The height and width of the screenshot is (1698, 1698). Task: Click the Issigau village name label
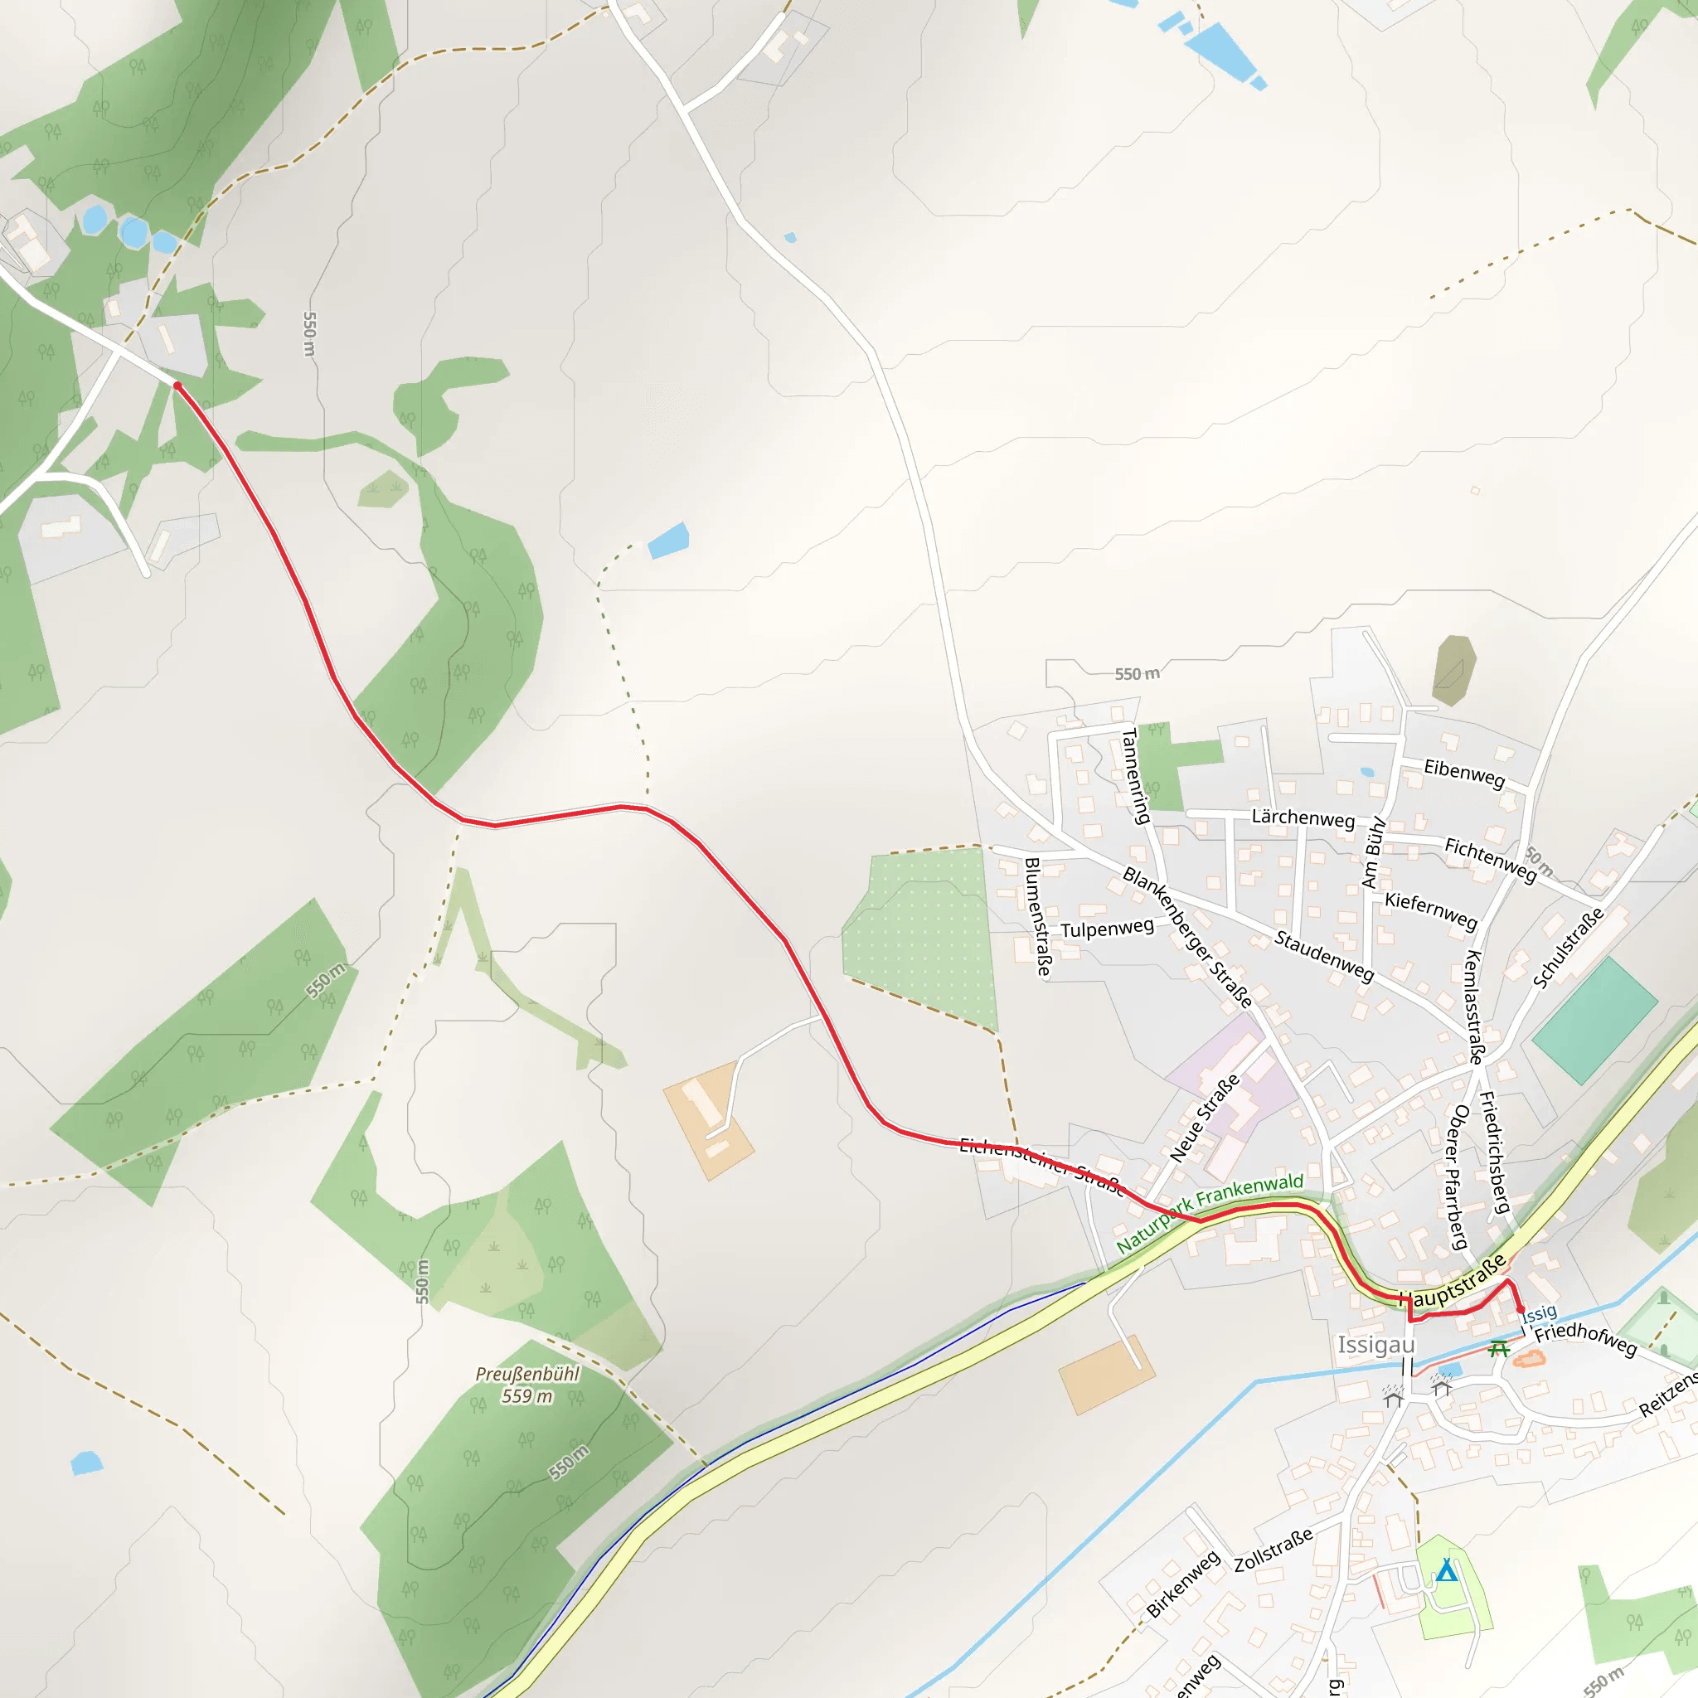pos(1376,1346)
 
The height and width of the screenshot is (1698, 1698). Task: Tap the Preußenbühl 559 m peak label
pos(527,1385)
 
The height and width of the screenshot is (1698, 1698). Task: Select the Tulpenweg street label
pos(1107,928)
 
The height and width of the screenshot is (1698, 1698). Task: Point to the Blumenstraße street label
pos(1038,917)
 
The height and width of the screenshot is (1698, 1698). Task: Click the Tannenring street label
pos(1137,775)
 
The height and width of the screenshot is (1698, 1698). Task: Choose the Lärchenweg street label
pos(1303,817)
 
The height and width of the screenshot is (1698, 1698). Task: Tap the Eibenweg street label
pos(1464,773)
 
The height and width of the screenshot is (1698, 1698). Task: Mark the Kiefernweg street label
pos(1431,910)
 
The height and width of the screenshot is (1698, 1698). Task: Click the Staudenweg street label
pos(1323,955)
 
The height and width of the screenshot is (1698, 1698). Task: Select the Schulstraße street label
pos(1568,948)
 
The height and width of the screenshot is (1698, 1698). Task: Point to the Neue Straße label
pos(1204,1117)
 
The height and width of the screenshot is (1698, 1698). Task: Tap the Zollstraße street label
pos(1273,1550)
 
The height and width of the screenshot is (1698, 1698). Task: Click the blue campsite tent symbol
pos(1447,1569)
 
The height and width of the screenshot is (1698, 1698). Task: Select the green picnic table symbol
pos(1499,1348)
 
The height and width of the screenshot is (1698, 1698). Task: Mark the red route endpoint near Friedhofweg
pos(1521,1309)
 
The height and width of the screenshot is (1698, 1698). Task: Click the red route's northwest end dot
pos(177,386)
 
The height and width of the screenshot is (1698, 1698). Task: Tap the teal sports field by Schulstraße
pos(1594,1021)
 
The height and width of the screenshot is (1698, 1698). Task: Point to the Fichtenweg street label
pos(1491,860)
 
